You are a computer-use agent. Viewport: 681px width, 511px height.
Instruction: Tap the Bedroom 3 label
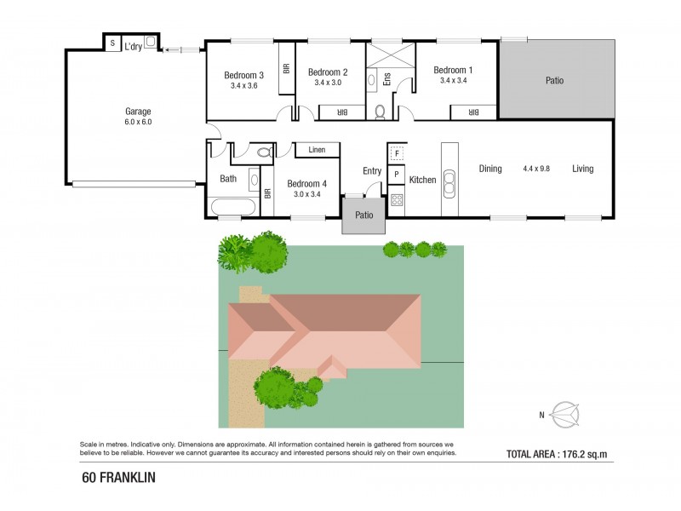coord(243,75)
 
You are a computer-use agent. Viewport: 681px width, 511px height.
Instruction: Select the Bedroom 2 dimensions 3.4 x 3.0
coord(328,83)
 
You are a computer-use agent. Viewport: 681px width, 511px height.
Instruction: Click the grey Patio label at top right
coord(555,81)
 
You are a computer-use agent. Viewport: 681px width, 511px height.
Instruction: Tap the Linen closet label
coord(317,150)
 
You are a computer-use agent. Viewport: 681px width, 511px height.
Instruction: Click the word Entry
coord(372,170)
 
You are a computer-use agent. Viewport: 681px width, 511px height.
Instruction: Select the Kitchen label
coord(422,180)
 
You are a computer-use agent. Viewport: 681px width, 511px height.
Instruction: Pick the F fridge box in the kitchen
coord(397,154)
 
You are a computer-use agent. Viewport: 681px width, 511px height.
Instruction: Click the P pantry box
coord(396,175)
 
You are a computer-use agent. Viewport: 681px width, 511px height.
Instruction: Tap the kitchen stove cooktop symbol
coord(397,201)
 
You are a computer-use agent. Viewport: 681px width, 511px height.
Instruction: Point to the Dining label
coord(490,169)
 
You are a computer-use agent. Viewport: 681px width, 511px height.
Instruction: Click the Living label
coord(582,169)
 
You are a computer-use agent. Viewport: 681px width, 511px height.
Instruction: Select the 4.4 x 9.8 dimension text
coord(537,169)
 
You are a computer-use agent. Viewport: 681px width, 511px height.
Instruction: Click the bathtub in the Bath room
coord(232,207)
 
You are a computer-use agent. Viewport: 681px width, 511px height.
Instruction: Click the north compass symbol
coord(565,415)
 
